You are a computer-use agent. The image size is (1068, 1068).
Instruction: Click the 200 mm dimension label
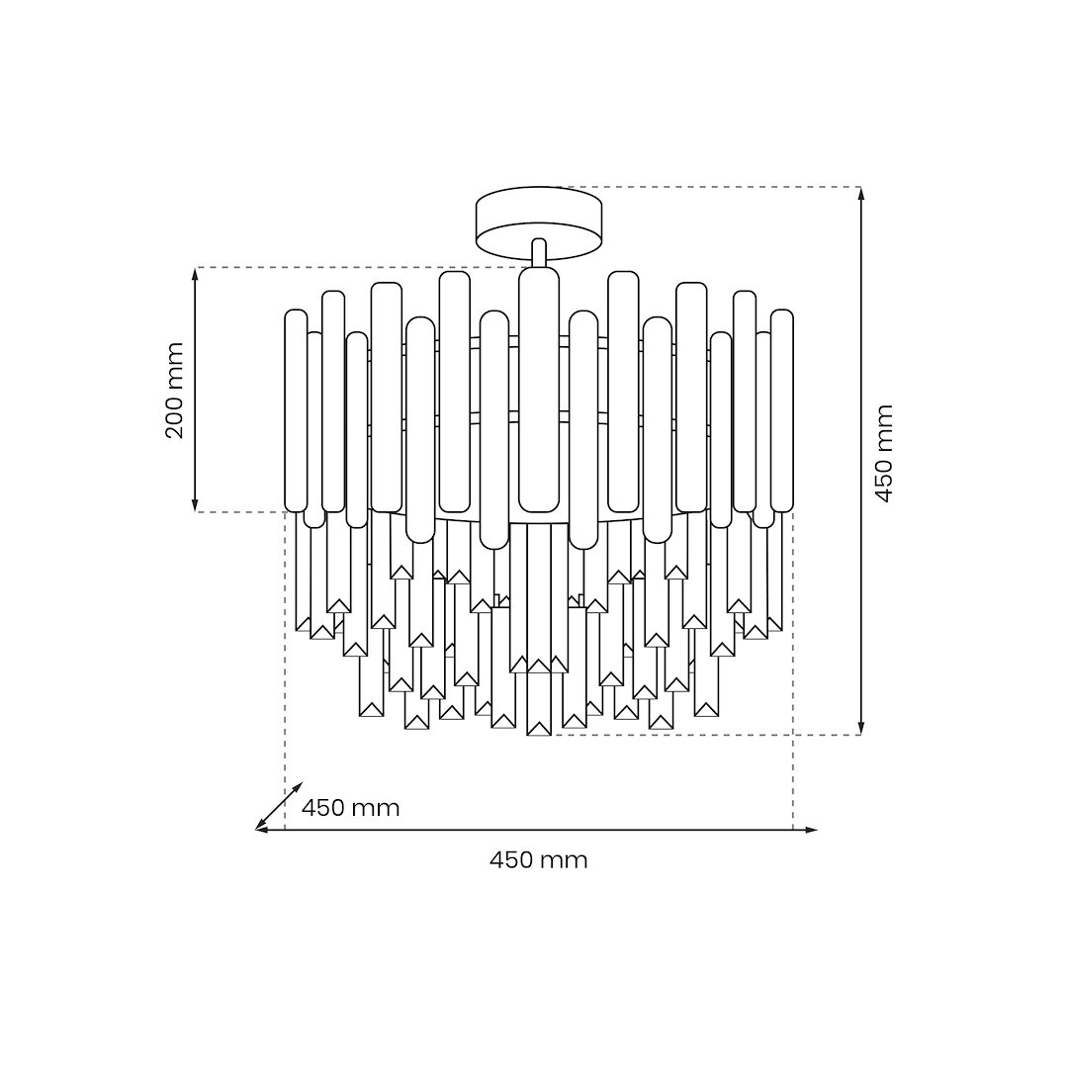[175, 391]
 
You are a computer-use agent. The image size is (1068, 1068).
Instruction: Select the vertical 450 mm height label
[884, 453]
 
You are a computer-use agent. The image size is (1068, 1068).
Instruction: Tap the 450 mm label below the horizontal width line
[538, 860]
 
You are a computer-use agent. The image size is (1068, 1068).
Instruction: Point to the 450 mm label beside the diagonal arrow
[351, 808]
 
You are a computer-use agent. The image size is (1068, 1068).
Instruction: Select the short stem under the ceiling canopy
[539, 252]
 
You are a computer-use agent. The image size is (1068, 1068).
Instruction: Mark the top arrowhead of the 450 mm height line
[861, 193]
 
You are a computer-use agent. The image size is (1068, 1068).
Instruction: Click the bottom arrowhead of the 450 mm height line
[861, 728]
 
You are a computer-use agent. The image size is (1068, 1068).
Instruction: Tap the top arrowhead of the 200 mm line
[196, 274]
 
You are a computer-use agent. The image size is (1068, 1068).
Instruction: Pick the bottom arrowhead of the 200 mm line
[196, 505]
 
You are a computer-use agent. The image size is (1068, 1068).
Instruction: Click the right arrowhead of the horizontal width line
[812, 830]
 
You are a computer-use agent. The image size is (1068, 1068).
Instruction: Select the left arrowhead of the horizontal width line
[262, 830]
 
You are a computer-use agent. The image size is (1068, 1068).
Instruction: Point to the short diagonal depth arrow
[280, 805]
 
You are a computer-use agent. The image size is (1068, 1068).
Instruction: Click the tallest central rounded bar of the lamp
[539, 390]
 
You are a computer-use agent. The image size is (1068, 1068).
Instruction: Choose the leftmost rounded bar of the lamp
[296, 410]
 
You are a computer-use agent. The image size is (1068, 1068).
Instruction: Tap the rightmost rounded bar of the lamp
[782, 410]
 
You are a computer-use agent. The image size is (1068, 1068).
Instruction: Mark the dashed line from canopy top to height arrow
[712, 187]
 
